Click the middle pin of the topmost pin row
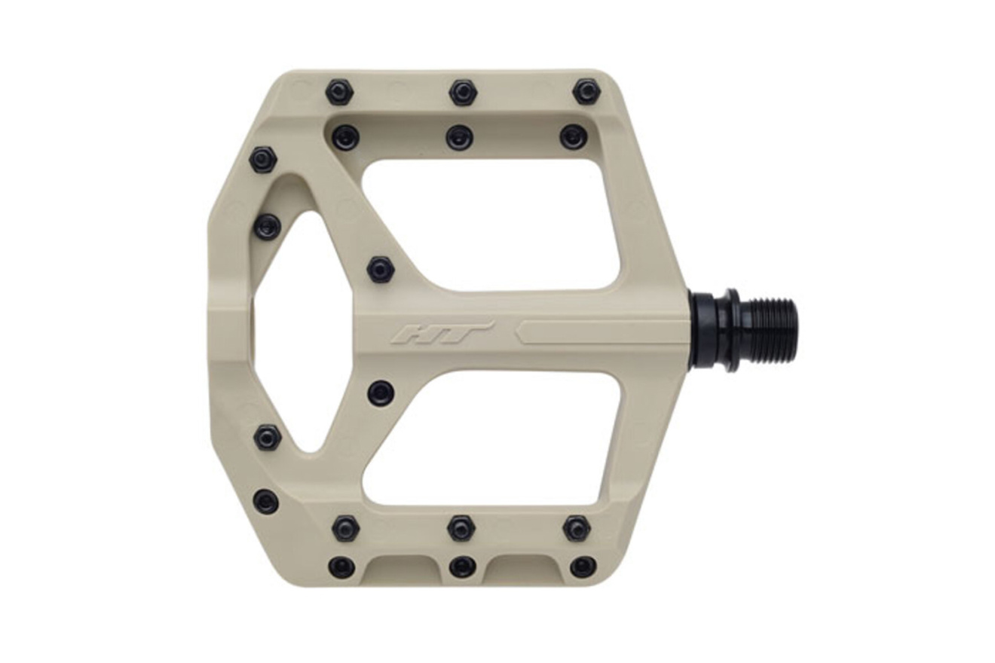tap(462, 93)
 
